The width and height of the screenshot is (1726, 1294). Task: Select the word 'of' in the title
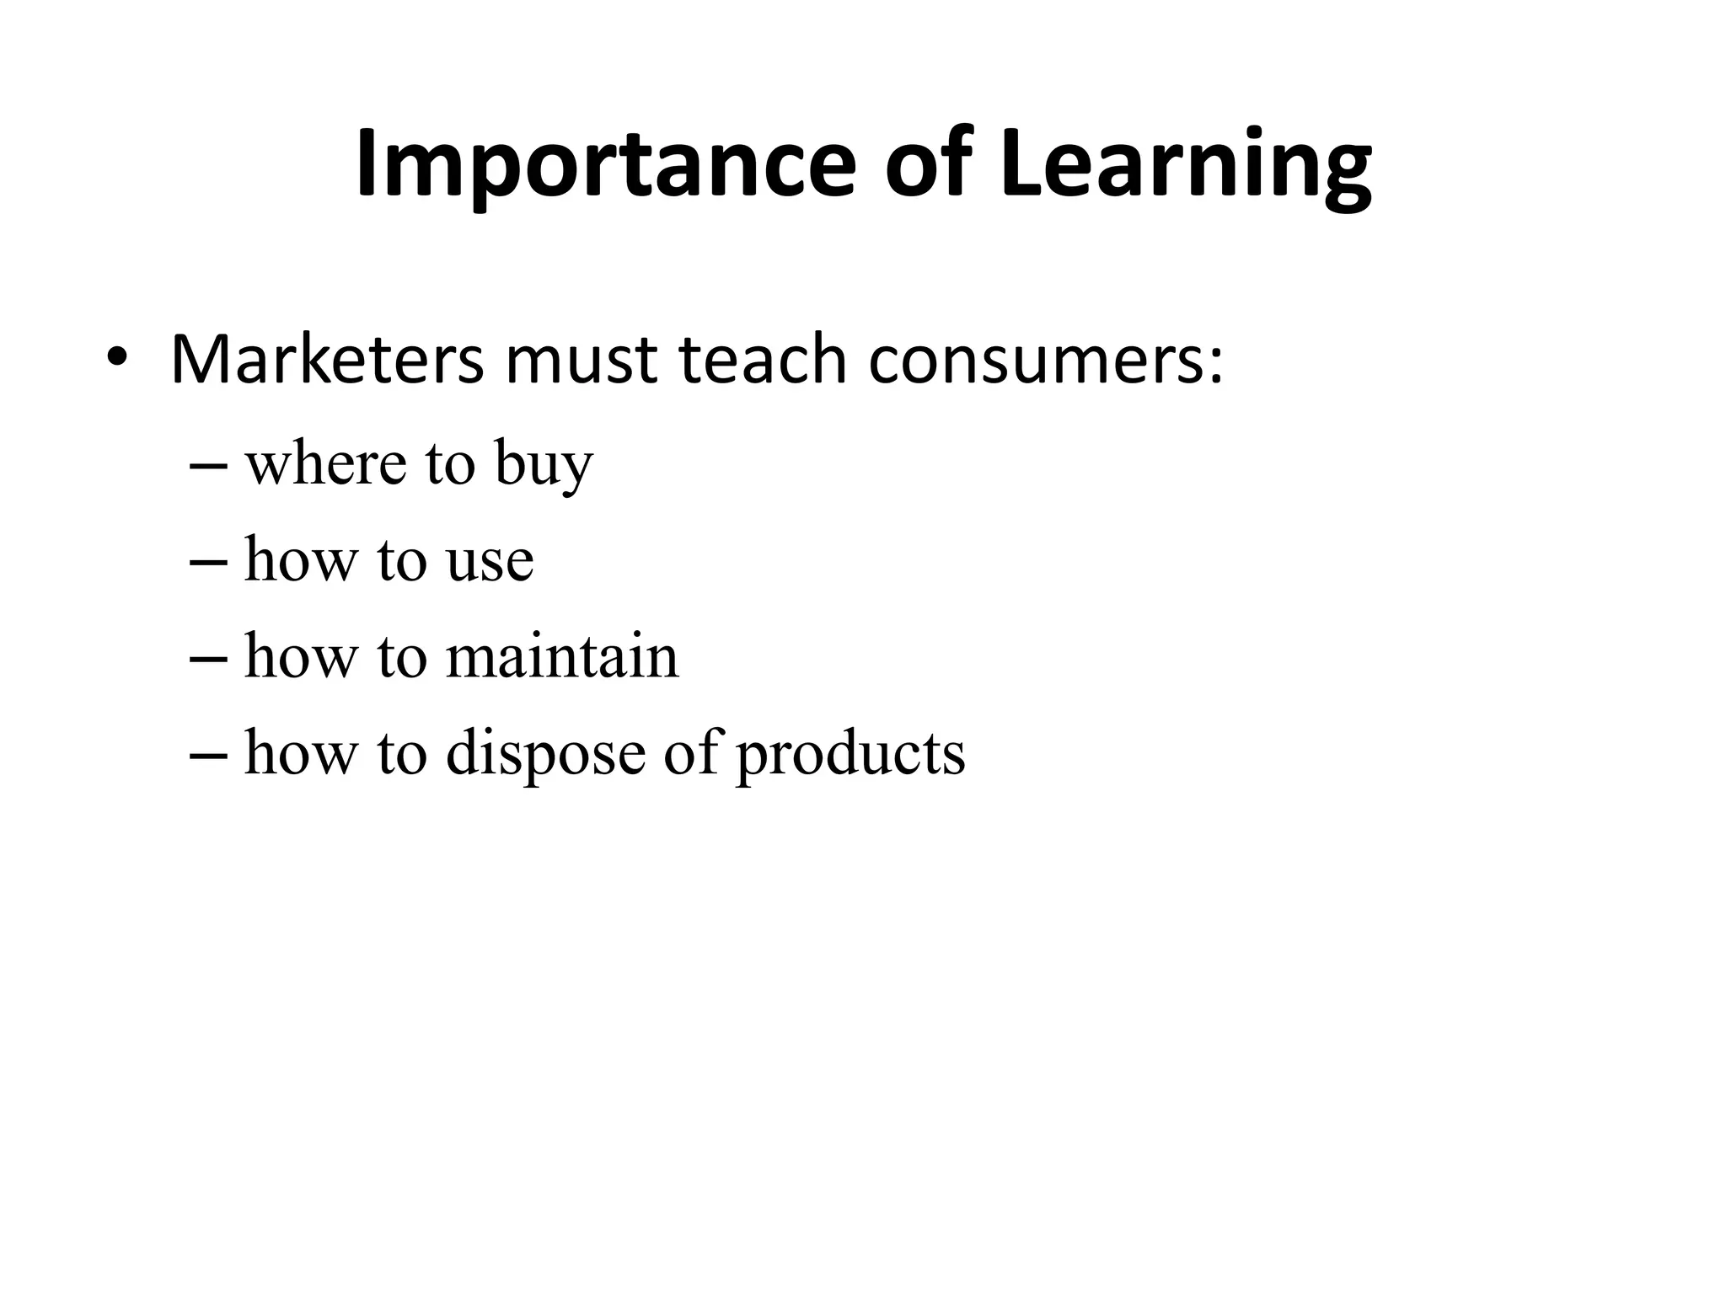(930, 164)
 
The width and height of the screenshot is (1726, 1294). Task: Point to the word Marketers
(327, 361)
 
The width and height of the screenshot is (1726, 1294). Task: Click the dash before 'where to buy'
(208, 467)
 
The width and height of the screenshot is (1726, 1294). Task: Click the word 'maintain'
(561, 656)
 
